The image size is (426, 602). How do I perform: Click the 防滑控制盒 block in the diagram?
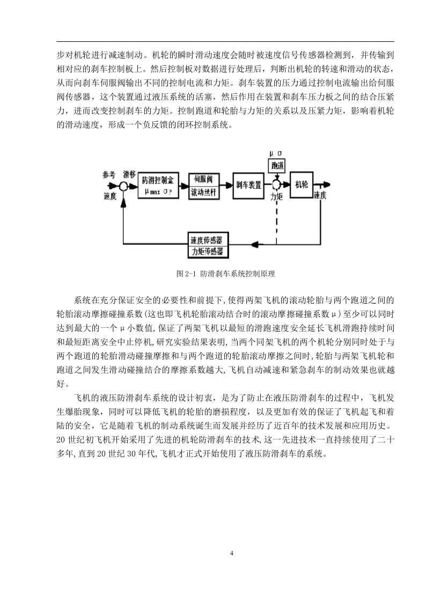(x=158, y=185)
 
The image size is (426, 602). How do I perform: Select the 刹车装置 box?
(x=248, y=185)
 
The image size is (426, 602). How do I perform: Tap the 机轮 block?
(x=302, y=185)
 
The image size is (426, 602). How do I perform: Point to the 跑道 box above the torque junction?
(x=277, y=165)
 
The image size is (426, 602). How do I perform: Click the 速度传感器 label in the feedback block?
(x=207, y=240)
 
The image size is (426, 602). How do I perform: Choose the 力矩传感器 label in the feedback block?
(x=207, y=252)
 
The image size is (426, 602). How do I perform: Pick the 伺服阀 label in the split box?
(x=203, y=179)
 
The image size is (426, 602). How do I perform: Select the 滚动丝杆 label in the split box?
(x=203, y=192)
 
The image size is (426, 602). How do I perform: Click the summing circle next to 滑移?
(x=123, y=186)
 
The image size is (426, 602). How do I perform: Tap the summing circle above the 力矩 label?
(x=276, y=185)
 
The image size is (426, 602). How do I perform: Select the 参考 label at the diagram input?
(x=108, y=175)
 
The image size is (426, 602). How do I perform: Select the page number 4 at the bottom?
(x=231, y=553)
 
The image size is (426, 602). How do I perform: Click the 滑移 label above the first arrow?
(x=129, y=175)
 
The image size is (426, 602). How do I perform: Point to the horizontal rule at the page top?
(x=225, y=41)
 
